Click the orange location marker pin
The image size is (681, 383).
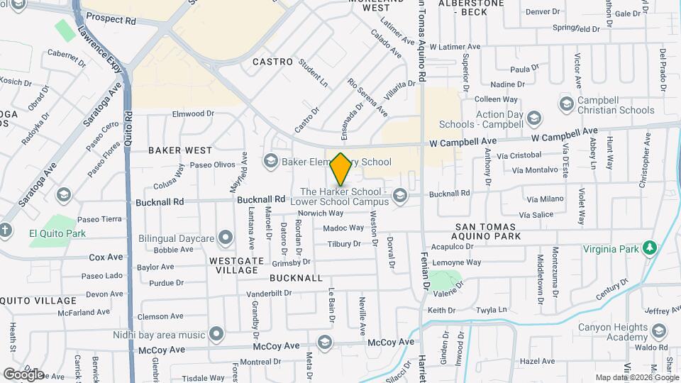pos(341,170)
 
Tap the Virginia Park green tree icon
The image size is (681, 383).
pos(648,248)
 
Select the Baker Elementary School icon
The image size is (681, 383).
pos(270,162)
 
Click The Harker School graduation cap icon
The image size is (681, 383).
pos(400,196)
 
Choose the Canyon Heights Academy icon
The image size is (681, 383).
pos(660,331)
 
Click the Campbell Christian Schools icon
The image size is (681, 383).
pos(566,105)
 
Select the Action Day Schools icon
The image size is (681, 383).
pos(535,117)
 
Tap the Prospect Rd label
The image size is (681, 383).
pos(110,21)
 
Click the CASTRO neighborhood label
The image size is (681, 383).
pos(273,62)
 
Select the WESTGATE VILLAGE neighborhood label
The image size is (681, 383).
pos(234,265)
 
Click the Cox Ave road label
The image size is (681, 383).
pos(106,257)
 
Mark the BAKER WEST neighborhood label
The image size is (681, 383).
pos(180,150)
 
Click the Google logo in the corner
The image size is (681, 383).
pos(23,374)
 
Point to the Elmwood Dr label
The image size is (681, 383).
pos(193,113)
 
